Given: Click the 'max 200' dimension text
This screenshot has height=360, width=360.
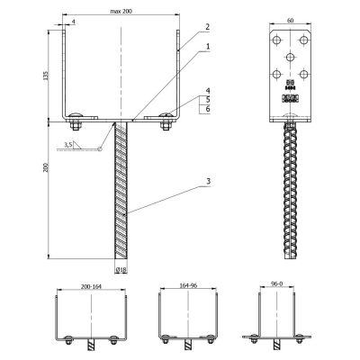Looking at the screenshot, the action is coord(121,11).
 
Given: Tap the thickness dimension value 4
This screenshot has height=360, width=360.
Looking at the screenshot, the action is coord(74,22).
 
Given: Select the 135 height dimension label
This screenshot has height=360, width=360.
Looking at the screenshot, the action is coord(46,76).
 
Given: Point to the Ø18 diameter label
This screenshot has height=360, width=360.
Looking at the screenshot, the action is coord(121,270).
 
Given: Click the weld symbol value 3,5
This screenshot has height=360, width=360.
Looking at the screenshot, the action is coord(67,145).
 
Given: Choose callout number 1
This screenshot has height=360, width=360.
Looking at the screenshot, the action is coord(208,47).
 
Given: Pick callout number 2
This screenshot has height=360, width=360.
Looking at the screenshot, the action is coord(208,27).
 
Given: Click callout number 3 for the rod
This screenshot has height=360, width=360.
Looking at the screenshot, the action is coord(208,181).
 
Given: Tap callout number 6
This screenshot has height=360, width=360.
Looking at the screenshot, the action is coord(208,109).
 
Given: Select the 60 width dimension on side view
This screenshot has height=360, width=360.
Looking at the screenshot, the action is coord(290,21).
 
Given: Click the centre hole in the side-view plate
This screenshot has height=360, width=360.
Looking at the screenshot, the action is coord(290,57).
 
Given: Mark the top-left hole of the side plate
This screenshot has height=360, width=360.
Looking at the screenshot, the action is coord(277,40).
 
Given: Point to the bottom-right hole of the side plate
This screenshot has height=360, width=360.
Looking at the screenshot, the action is coord(304,74).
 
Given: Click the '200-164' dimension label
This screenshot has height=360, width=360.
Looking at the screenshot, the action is coord(91,286).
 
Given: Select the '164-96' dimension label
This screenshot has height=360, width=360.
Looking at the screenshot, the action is coord(188,285).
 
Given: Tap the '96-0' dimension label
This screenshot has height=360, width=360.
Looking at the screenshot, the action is coord(276,283).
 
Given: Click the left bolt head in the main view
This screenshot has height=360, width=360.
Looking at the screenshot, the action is coord(75,115).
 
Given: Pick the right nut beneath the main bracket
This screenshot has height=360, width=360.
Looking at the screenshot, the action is coord(165,126).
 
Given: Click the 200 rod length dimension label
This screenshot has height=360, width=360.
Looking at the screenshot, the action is coord(45,167).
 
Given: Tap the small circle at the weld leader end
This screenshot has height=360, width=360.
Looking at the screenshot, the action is coord(100,148).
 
